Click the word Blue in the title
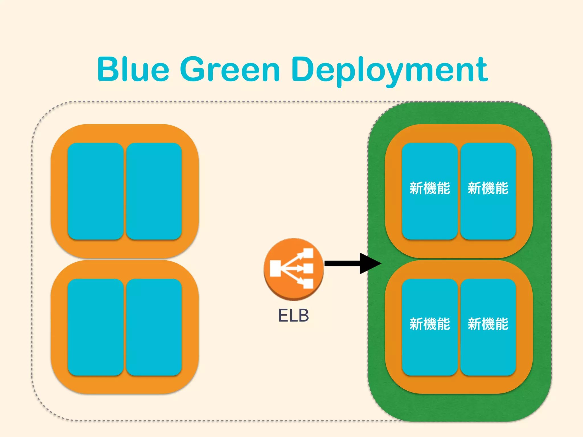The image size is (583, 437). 133,69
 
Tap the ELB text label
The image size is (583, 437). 293,315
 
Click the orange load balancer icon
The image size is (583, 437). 293,269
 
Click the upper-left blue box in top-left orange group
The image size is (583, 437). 95,191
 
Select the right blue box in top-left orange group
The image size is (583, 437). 154,191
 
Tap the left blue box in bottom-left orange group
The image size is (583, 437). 95,327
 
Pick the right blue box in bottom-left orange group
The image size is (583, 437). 154,327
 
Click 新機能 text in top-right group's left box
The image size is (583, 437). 430,188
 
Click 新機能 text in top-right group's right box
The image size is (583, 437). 488,188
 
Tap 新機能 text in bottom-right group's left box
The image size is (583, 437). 430,324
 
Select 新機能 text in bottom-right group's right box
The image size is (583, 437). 488,324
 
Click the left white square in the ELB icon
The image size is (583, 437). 275,268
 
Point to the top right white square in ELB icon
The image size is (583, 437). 308,253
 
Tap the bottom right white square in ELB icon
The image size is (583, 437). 308,284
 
